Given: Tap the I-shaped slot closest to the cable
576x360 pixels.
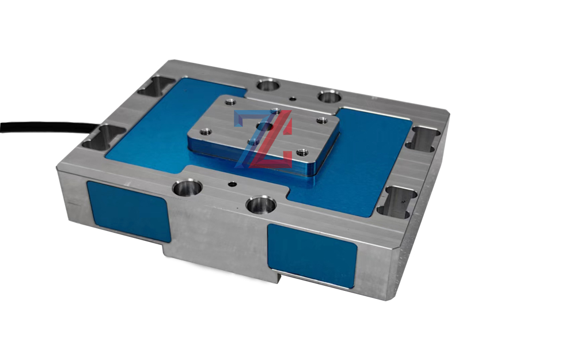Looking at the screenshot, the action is tap(104, 137).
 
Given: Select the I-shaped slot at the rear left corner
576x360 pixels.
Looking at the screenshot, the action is tap(156, 85).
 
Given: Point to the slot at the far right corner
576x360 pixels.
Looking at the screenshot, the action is tap(423, 138).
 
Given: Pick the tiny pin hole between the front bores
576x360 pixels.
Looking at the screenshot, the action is tap(232, 183).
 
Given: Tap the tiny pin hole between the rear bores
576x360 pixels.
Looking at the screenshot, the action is tap(293, 98).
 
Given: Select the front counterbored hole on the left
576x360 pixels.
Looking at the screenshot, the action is tap(187, 188).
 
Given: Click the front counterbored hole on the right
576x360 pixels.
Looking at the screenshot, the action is tap(261, 205).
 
